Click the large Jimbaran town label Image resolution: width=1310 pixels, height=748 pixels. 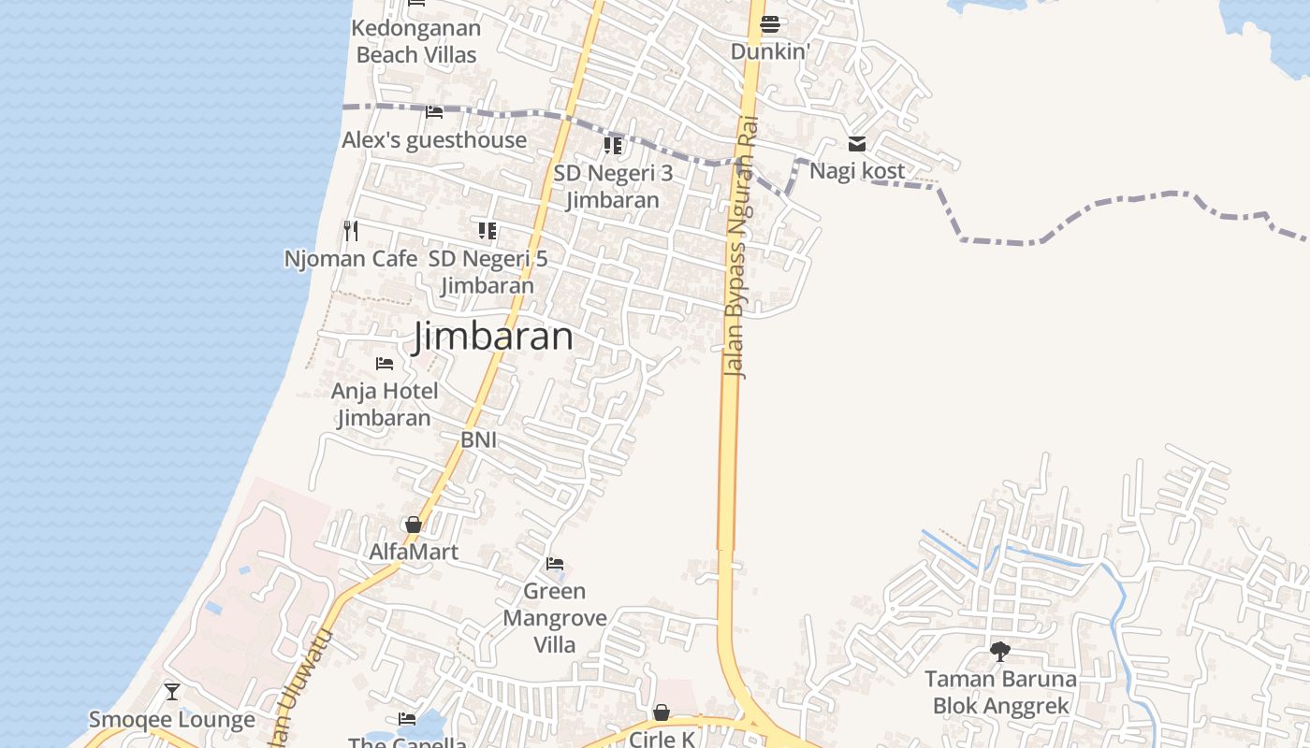click(x=492, y=337)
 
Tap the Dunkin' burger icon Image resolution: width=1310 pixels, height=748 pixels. click(x=770, y=24)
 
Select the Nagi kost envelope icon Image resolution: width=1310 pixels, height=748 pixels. click(x=857, y=144)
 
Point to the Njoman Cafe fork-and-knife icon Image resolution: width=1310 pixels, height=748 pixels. click(x=351, y=230)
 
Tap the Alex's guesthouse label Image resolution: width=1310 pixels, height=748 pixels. click(x=434, y=140)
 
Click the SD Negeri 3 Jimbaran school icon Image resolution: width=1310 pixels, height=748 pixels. click(x=613, y=145)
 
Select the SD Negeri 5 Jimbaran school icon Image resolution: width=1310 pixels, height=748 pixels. click(x=488, y=230)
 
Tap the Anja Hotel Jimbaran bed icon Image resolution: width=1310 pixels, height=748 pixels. click(x=385, y=363)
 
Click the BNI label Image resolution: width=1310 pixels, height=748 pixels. click(x=479, y=439)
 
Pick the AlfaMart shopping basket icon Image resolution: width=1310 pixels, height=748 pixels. click(x=414, y=525)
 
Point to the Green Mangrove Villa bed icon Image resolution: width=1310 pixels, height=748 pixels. click(x=555, y=564)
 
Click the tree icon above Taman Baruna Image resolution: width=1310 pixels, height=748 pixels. click(x=1000, y=651)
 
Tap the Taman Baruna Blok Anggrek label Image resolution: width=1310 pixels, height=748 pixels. click(x=1000, y=692)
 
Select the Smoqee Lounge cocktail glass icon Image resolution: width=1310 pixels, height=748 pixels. click(x=172, y=692)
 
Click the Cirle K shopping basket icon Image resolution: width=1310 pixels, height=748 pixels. click(x=662, y=712)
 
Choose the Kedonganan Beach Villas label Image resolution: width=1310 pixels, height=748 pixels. click(x=416, y=41)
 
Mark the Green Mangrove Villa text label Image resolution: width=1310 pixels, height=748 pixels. click(x=555, y=618)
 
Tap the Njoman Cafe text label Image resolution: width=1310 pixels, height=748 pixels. click(x=351, y=259)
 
